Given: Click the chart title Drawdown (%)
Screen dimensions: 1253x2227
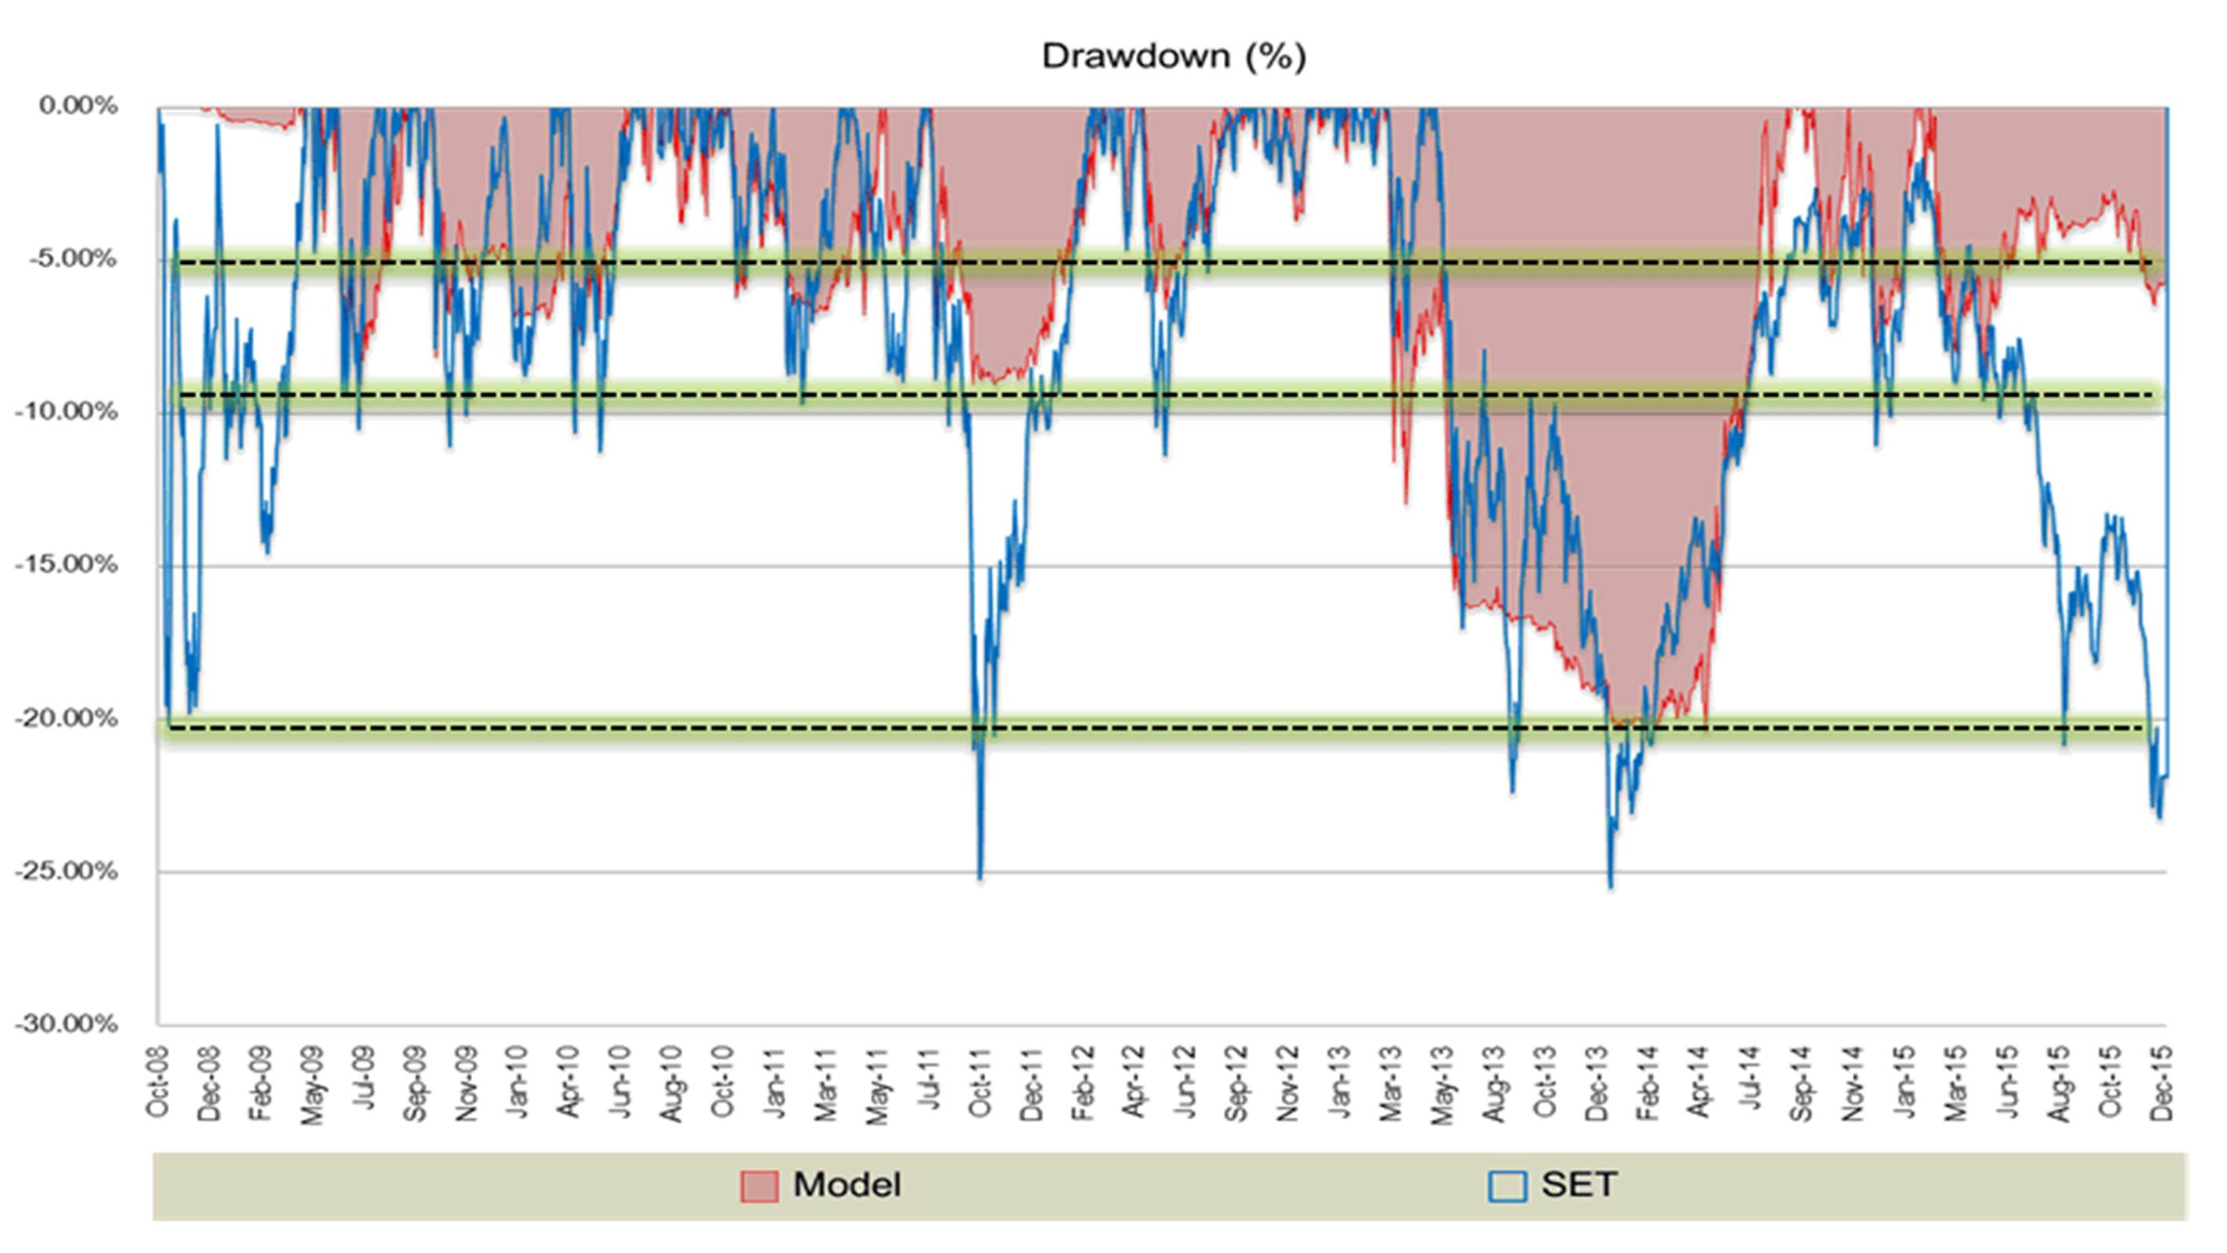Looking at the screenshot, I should pos(1173,56).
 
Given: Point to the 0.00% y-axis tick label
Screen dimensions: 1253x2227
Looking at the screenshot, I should pos(78,107).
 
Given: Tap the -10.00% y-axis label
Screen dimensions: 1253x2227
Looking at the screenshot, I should pos(67,412).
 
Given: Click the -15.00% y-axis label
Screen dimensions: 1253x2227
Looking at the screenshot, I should pos(67,565).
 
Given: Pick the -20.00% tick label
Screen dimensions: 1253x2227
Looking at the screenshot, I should pos(67,717).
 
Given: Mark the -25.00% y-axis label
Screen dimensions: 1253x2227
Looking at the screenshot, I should pos(67,871).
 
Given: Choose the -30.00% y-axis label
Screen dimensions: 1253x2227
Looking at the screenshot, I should pos(67,1024).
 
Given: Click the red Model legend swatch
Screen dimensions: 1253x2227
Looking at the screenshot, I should pos(759,1186).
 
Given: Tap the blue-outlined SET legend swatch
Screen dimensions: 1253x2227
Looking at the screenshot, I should pos(1507,1186).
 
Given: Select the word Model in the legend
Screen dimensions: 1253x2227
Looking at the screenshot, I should pos(847,1185).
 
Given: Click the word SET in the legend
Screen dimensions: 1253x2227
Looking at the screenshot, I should pos(1579,1185).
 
